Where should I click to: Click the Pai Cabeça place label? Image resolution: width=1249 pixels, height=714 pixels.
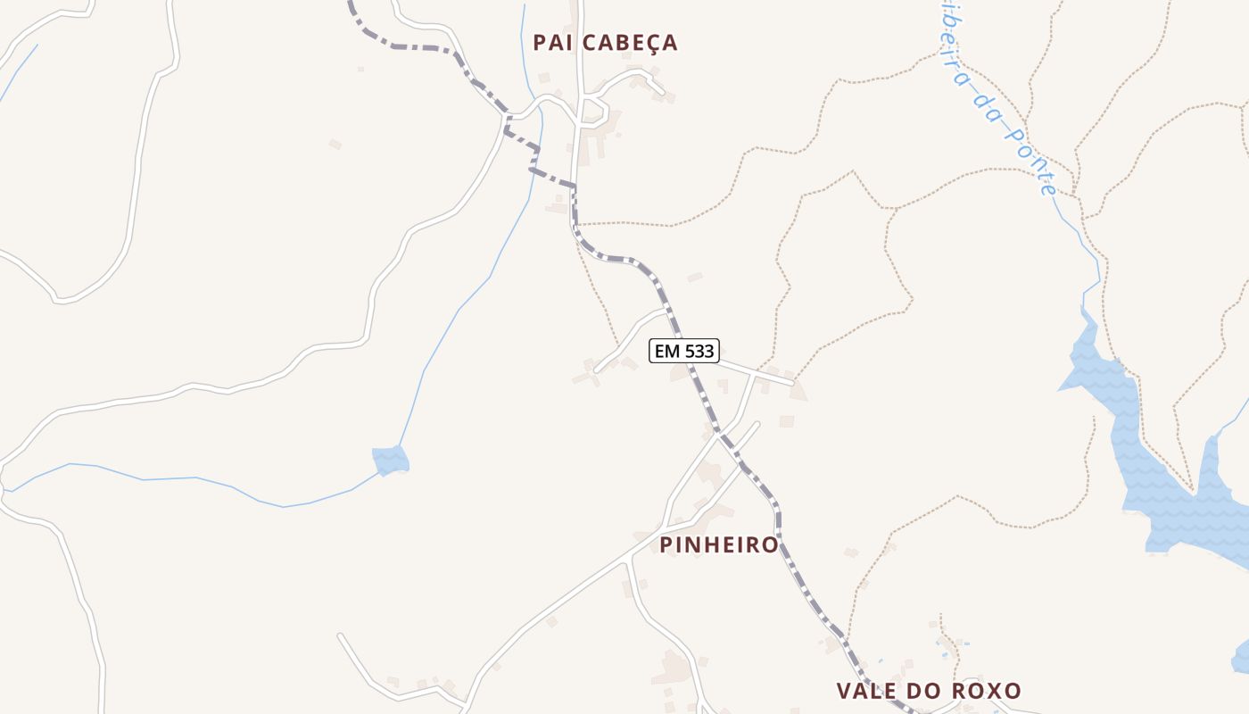pos(605,42)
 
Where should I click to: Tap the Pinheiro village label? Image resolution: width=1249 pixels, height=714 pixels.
pos(719,544)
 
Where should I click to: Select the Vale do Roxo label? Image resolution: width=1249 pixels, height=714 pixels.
pos(928,691)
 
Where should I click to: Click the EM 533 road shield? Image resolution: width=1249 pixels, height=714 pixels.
pos(684,352)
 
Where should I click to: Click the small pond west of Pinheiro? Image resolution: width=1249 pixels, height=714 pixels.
pos(390,461)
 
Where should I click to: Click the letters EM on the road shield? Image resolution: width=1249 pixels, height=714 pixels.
pos(666,352)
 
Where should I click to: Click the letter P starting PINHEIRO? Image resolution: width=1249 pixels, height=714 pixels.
pos(666,544)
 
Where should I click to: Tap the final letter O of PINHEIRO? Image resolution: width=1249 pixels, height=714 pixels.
pos(770,544)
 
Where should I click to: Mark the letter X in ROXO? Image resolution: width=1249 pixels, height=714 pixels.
pos(993,691)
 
